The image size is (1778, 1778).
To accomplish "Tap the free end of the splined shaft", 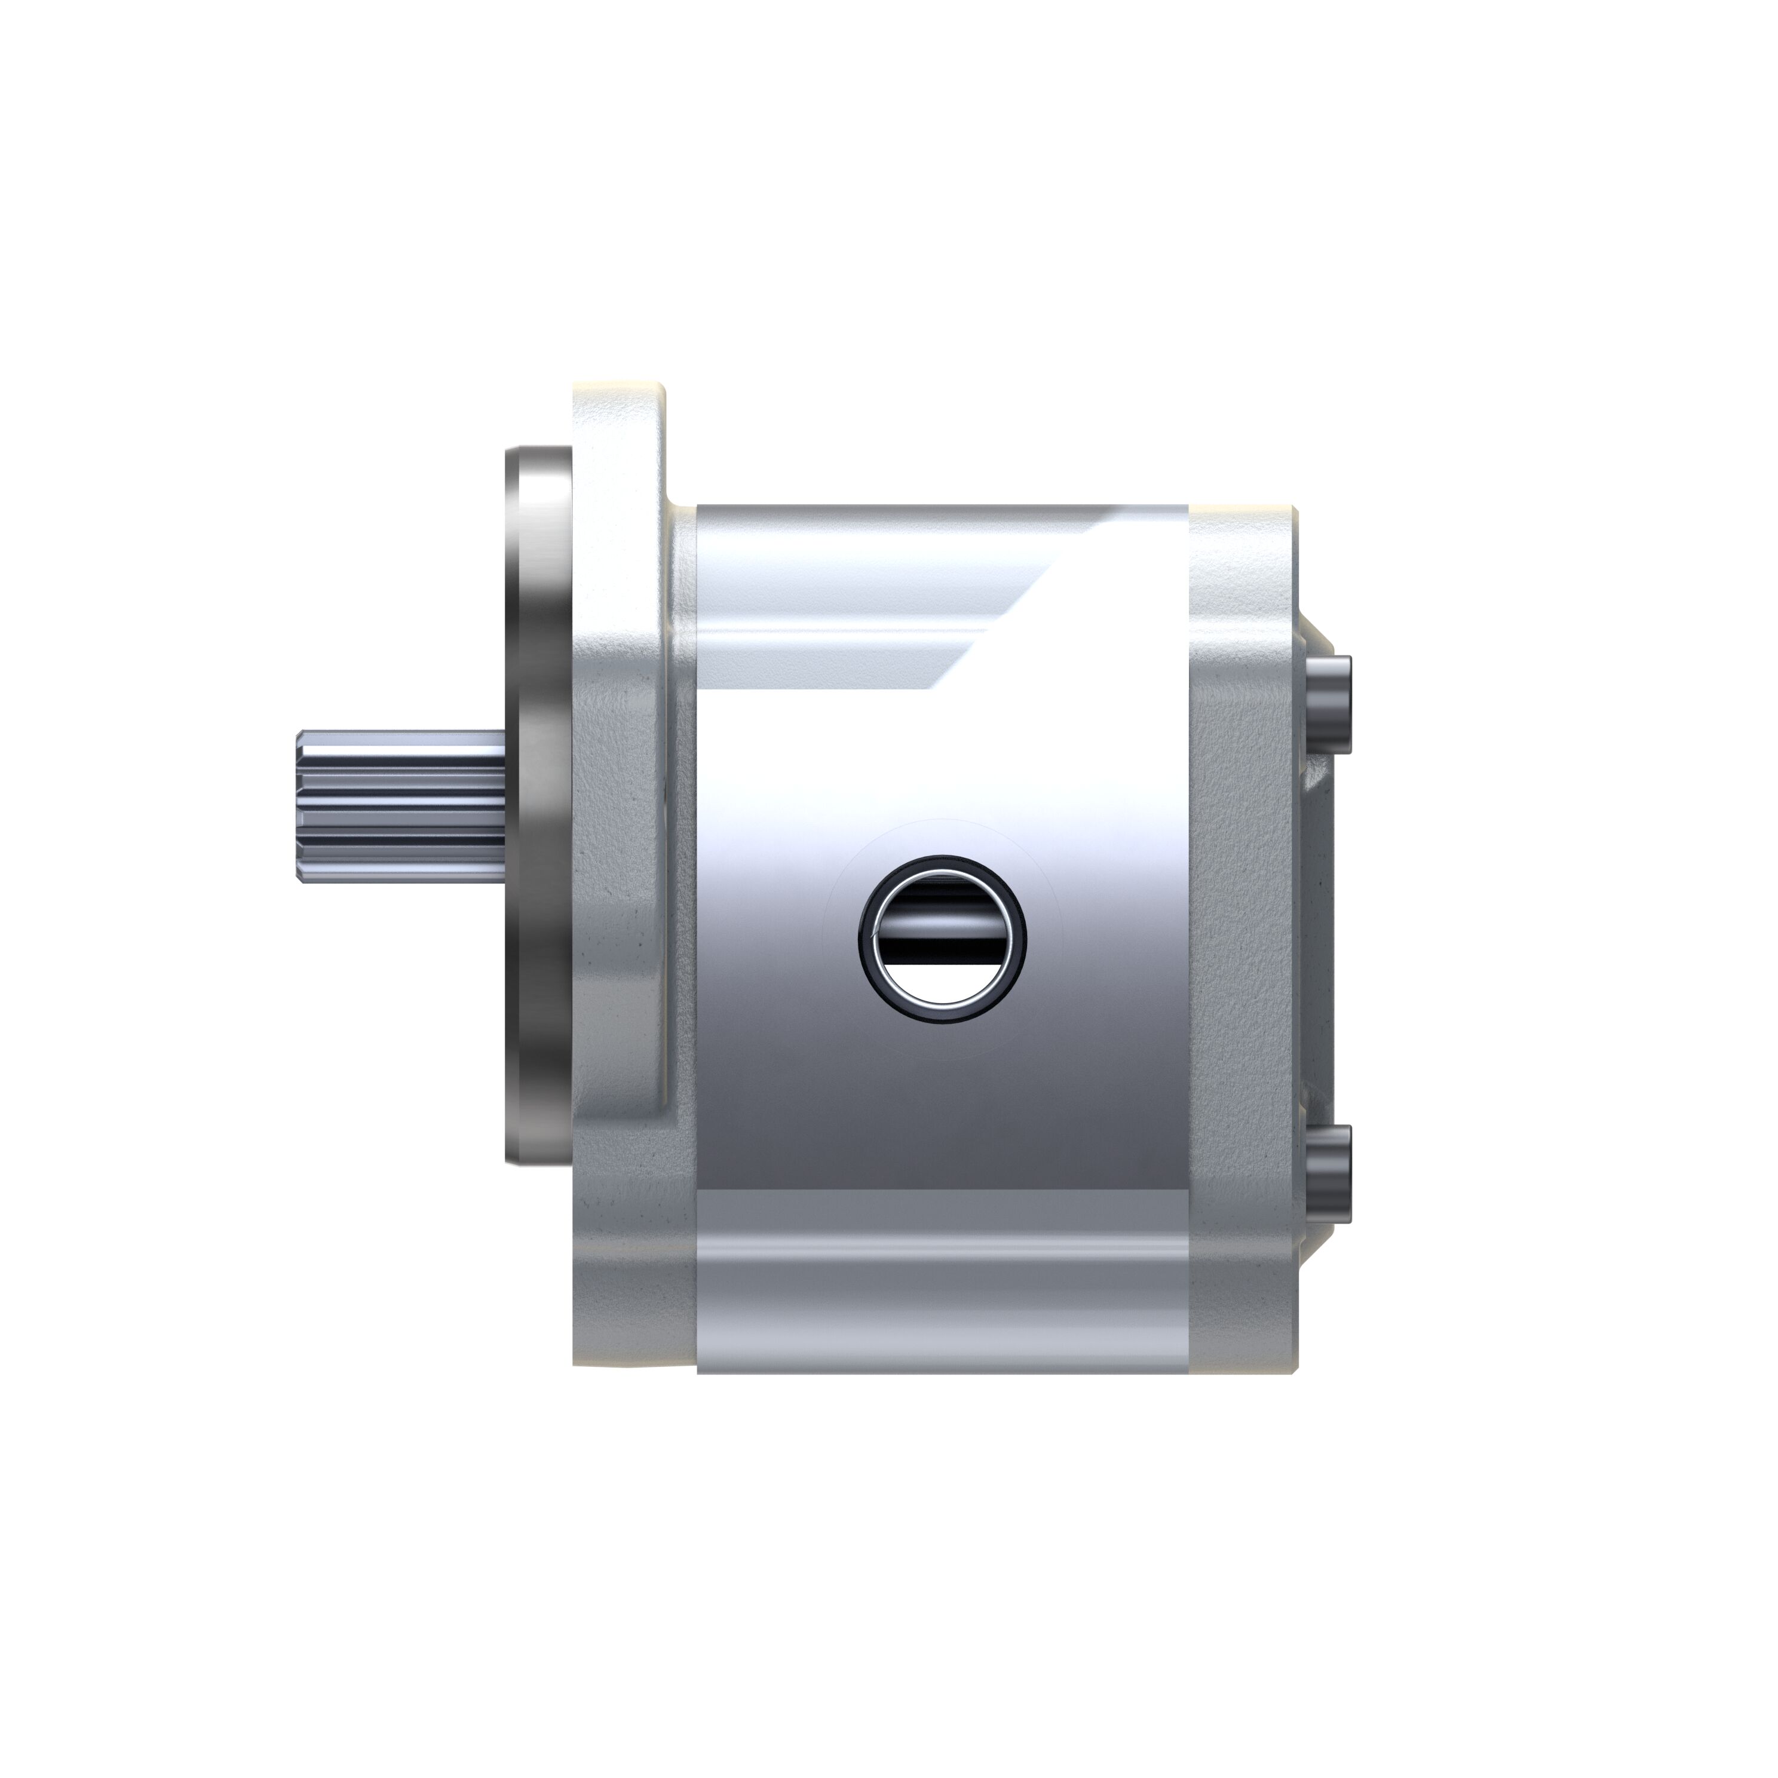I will point(301,806).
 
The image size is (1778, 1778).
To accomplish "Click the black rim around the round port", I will point(868,940).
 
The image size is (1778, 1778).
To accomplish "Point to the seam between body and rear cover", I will point(1189,939).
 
